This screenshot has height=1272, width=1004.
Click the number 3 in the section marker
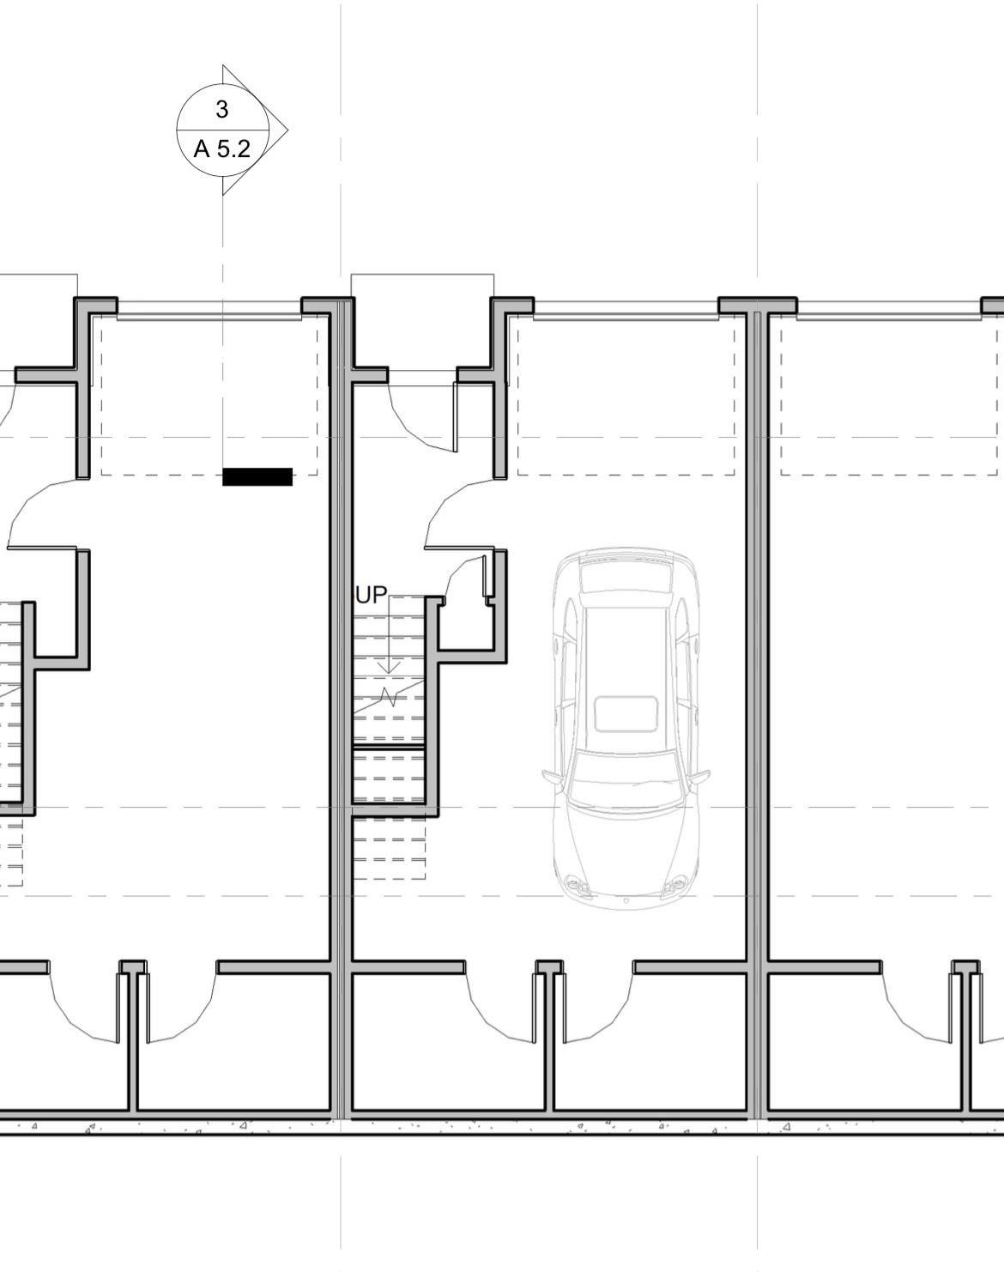click(x=222, y=110)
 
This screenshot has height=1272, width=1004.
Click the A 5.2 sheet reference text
click(x=221, y=149)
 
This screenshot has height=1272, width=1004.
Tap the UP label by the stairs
click(x=371, y=596)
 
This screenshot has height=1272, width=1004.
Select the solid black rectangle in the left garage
click(x=257, y=476)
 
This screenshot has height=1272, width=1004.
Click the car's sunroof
click(x=626, y=714)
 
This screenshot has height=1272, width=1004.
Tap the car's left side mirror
click(x=552, y=777)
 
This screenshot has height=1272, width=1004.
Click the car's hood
click(x=626, y=850)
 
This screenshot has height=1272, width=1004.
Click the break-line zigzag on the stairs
click(x=390, y=696)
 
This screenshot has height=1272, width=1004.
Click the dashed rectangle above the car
click(x=626, y=474)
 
